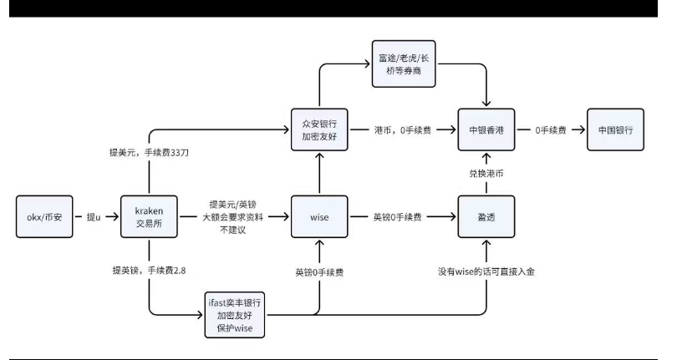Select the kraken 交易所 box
point(148,217)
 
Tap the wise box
point(318,217)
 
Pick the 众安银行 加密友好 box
point(318,129)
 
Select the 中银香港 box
point(486,129)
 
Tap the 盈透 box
point(486,217)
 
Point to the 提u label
point(96,217)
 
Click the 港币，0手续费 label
point(401,129)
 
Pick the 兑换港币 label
point(486,172)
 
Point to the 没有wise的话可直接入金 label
point(485,273)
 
